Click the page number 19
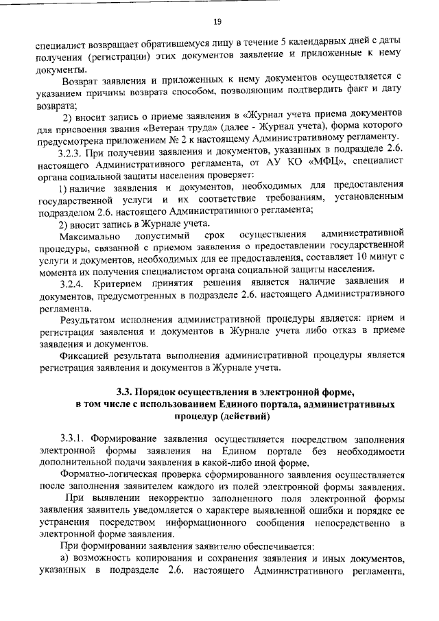tap(219, 22)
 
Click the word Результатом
tap(89, 319)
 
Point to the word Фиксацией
tap(86, 355)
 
